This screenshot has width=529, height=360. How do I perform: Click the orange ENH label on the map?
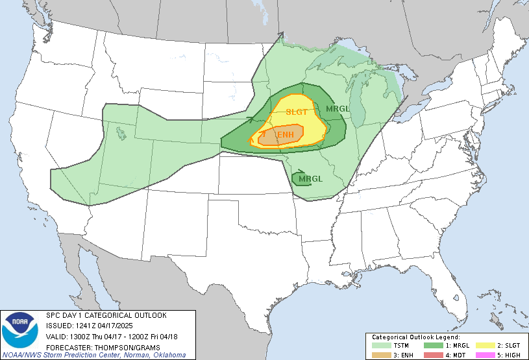tap(289, 134)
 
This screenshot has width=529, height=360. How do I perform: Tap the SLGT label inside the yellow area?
tap(297, 112)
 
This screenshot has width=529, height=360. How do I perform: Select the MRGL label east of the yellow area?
tap(338, 108)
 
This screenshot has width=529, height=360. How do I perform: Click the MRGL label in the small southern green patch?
tap(310, 178)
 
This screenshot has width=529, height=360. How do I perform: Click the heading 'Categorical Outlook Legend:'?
tap(415, 337)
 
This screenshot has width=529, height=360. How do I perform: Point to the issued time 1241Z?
tap(85, 326)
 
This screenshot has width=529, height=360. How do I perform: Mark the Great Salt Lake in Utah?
tap(122, 132)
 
